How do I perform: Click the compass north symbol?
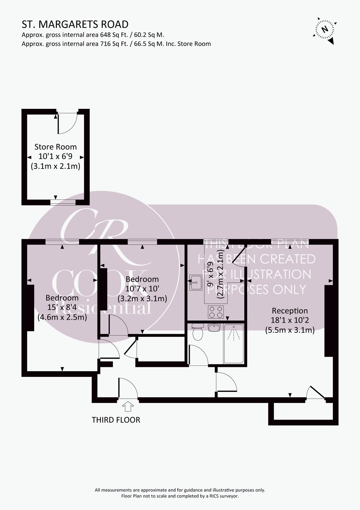point(325,29)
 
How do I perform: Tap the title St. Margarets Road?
point(75,25)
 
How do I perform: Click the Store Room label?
point(56,147)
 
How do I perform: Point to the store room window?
point(63,202)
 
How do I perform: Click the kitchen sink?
point(196,282)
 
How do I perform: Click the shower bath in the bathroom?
point(234,344)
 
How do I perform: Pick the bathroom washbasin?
point(214,328)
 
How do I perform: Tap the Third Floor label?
point(116,420)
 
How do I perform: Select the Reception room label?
point(289,311)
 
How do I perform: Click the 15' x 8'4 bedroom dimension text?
point(62,307)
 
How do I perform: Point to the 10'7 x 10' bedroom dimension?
point(142,289)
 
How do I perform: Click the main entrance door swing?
point(127,388)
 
